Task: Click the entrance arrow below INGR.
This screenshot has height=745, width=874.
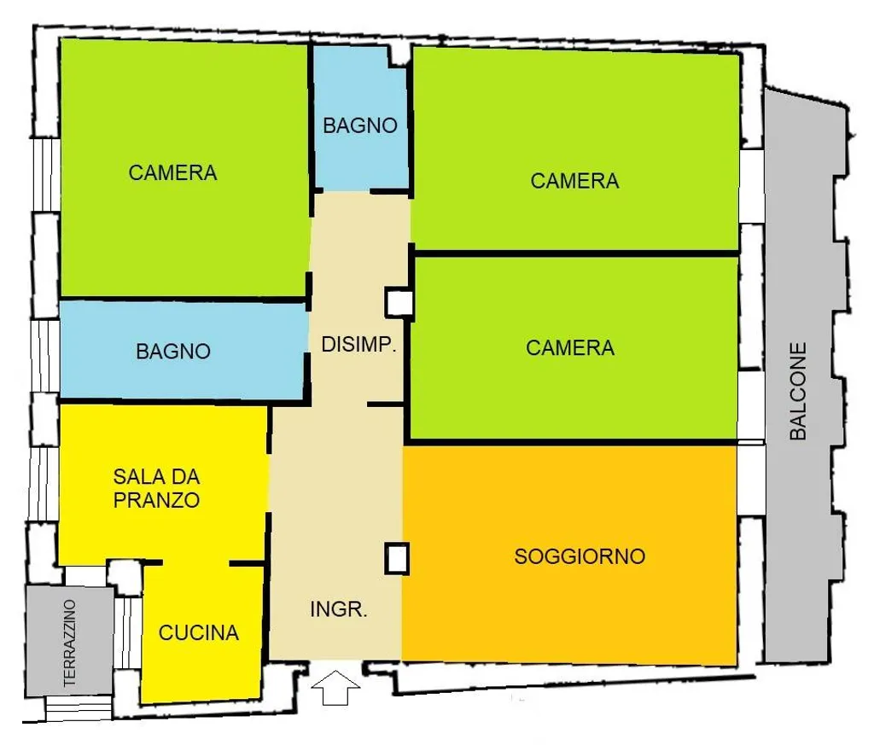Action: pos(335,688)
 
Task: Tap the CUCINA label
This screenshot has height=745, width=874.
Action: pos(198,633)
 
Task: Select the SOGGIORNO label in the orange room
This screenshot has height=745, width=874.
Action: pos(580,556)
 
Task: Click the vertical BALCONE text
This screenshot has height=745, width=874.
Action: pos(798,391)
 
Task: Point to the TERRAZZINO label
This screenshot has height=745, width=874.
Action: pos(70,643)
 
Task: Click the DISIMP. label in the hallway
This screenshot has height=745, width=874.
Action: pos(358,345)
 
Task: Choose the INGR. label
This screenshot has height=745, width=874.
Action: pos(338,609)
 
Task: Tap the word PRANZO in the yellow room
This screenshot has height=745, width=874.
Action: pos(157,500)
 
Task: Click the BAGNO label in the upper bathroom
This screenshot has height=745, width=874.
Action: pos(360,125)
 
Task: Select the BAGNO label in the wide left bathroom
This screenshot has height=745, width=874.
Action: pos(173,351)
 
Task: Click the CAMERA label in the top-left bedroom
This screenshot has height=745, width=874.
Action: pos(172,172)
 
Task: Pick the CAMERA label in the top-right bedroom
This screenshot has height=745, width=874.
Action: pos(574,181)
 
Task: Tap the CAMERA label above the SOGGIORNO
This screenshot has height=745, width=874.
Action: pos(570,347)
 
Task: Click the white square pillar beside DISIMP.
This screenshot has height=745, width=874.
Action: pos(399,303)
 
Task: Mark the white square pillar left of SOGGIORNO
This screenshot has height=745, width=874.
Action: pos(397,558)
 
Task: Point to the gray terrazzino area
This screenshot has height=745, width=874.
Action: pos(70,641)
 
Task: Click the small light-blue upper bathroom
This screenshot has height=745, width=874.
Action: pos(360,118)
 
